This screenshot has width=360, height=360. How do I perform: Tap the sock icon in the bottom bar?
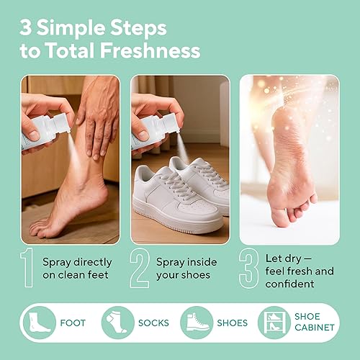click(x=117, y=322)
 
